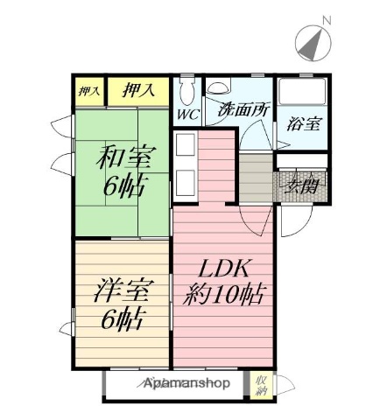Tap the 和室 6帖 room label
click(124, 172)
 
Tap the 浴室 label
click(302, 122)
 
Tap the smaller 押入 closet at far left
click(88, 90)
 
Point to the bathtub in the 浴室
click(302, 94)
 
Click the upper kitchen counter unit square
click(186, 146)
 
